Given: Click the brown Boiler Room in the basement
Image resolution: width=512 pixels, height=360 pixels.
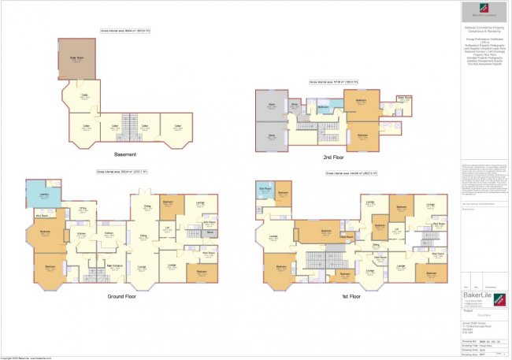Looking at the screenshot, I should tap(77, 59).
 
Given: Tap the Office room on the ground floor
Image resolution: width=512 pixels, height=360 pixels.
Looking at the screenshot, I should tap(81, 210).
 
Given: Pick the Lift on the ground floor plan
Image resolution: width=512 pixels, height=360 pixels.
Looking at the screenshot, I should tap(168, 229).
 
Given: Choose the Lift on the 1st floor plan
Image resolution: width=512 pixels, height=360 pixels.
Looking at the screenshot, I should tap(398, 229).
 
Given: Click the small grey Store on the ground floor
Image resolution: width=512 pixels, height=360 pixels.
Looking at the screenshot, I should tap(210, 233).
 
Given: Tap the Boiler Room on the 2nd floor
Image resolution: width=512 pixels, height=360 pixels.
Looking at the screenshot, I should tap(403, 100).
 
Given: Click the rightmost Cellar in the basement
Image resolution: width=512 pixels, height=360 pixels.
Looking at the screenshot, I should tap(178, 124).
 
